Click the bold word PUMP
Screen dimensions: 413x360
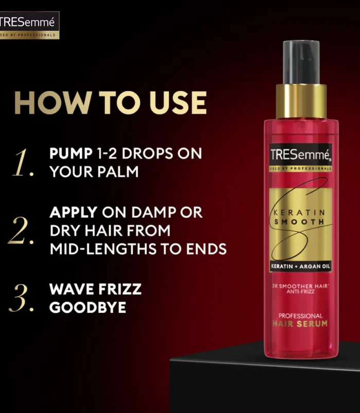pos(71,154)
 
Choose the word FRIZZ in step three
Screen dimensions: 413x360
pos(117,289)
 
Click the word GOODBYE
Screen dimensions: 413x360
pos(87,307)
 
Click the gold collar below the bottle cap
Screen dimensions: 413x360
pos(301,101)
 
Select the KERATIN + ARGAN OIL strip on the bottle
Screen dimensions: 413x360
pos(301,266)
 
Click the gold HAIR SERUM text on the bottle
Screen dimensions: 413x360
pos(301,324)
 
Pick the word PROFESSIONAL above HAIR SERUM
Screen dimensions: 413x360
pos(301,315)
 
